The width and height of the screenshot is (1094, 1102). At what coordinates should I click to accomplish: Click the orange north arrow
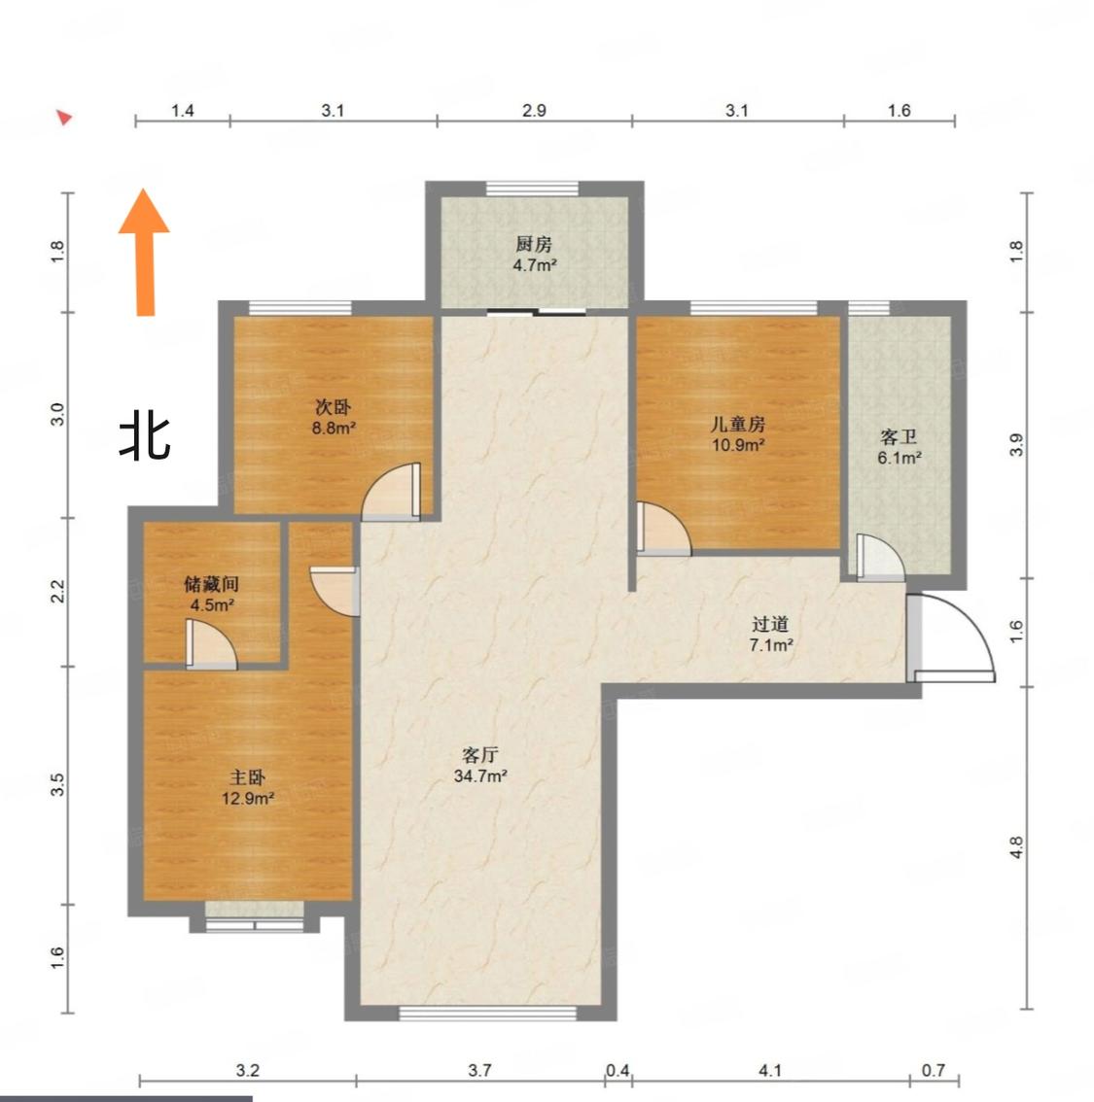145,253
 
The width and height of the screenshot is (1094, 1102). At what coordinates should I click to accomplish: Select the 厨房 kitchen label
534,244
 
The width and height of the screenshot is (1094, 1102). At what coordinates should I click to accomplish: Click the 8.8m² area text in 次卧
334,428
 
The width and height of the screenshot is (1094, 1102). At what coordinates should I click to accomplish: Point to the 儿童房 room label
737,424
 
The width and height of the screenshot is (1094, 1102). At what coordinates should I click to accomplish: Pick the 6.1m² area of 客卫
900,459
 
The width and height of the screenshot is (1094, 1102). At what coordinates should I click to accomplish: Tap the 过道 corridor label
770,623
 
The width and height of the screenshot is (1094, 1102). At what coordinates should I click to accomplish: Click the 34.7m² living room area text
480,775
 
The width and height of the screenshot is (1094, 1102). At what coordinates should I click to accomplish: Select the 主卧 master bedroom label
247,777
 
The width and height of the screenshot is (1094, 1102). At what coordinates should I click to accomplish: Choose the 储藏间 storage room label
212,583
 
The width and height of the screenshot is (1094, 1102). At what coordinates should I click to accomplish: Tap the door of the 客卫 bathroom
879,558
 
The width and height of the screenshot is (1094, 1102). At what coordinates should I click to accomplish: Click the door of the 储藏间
211,644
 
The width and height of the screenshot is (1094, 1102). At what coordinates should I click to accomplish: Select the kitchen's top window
532,189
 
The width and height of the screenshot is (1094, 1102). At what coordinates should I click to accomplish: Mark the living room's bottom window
488,1013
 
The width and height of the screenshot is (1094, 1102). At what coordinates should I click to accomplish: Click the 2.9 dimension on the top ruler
534,111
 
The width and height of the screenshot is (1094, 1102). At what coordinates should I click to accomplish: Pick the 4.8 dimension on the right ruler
1016,847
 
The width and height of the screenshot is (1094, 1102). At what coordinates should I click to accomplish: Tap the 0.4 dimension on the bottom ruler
618,1070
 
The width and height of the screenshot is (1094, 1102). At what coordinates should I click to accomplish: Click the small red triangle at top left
65,118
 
